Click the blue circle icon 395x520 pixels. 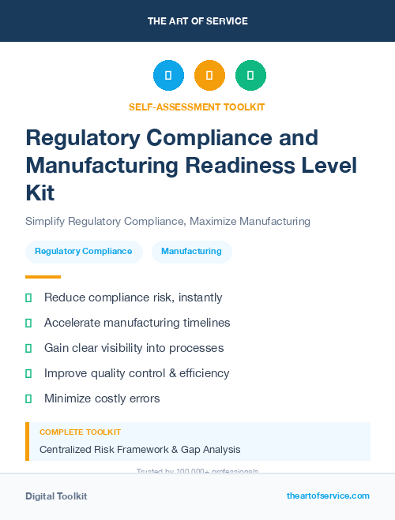pyautogui.click(x=168, y=75)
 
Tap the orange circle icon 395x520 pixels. pyautogui.click(x=209, y=75)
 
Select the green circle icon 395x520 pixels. pyautogui.click(x=250, y=75)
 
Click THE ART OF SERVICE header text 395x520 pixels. pyautogui.click(x=197, y=21)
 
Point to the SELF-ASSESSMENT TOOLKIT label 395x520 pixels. pyautogui.click(x=197, y=107)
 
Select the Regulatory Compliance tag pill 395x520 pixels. pyautogui.click(x=84, y=252)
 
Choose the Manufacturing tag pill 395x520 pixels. pyautogui.click(x=191, y=252)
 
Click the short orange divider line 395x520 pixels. pyautogui.click(x=43, y=277)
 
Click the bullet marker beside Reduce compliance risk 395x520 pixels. pyautogui.click(x=28, y=297)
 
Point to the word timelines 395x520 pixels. pyautogui.click(x=203, y=323)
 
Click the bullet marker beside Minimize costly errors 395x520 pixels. pyautogui.click(x=28, y=398)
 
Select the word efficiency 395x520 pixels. pyautogui.click(x=202, y=373)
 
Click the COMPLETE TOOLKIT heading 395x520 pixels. pyautogui.click(x=80, y=432)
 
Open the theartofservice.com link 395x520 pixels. pyautogui.click(x=328, y=496)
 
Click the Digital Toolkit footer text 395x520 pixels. pyautogui.click(x=56, y=496)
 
